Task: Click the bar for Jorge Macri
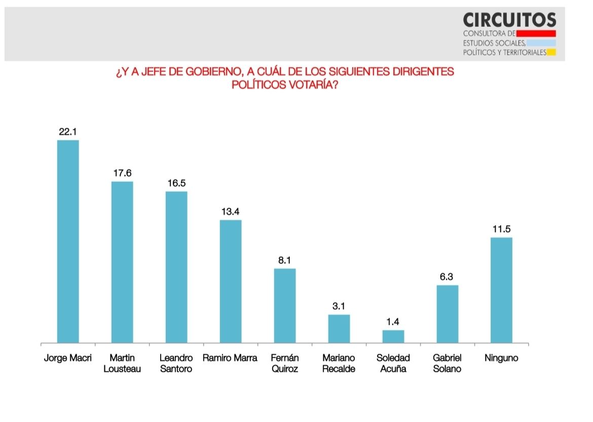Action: click(x=68, y=241)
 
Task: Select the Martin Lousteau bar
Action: click(x=122, y=262)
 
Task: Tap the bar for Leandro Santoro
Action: click(x=176, y=267)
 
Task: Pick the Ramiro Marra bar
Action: click(x=231, y=281)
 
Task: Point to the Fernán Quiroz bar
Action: click(x=285, y=305)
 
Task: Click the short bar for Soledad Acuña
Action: click(x=393, y=336)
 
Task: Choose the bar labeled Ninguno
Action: click(x=501, y=290)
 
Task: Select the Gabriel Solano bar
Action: click(x=448, y=314)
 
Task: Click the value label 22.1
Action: click(x=68, y=132)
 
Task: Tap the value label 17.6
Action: click(x=122, y=173)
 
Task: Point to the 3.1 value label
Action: click(x=339, y=306)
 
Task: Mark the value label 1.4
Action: click(x=393, y=322)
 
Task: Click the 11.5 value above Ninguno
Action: click(x=501, y=229)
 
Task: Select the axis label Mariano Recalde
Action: click(x=339, y=363)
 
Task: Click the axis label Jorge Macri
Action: click(x=68, y=358)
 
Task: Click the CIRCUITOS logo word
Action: click(x=509, y=20)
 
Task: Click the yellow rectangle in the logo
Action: click(x=551, y=52)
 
